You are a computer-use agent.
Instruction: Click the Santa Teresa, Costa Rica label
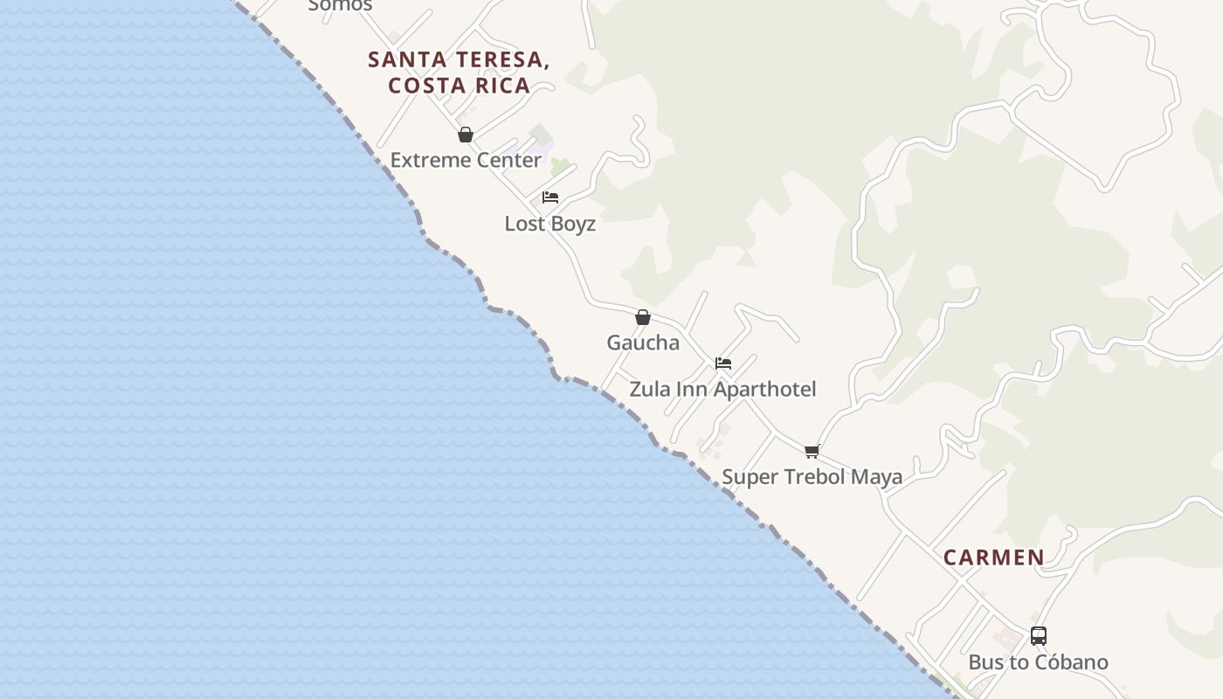pos(459,72)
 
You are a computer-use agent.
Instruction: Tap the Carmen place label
pos(993,557)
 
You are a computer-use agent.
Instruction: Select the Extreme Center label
pos(466,160)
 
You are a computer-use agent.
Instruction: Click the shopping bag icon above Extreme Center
pos(466,135)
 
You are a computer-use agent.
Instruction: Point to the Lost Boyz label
pos(550,224)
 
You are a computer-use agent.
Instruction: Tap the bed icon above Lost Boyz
pos(550,197)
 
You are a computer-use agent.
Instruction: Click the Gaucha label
pos(643,343)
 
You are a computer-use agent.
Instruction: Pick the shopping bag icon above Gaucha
pos(643,317)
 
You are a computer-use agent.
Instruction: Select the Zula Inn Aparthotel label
pos(722,389)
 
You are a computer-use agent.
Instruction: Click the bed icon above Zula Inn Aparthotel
pos(723,363)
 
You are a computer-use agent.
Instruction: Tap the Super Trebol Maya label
pos(812,477)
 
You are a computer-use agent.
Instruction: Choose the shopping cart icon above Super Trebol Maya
pos(812,452)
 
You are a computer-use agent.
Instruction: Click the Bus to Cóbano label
pos(1038,662)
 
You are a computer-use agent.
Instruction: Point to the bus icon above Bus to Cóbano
pos(1038,636)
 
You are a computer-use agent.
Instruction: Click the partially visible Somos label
pos(341,5)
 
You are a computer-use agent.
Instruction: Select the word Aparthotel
pos(765,389)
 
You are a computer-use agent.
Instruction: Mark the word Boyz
pos(575,224)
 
